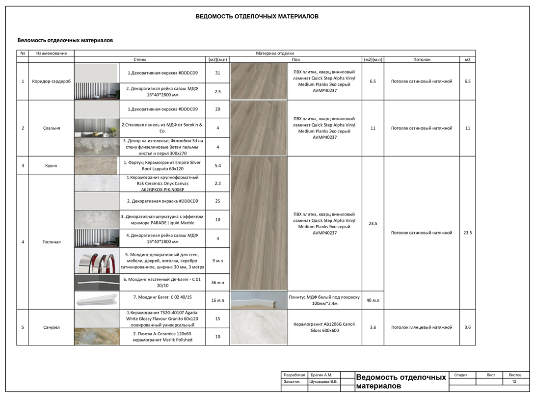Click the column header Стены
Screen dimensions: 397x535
click(140, 59)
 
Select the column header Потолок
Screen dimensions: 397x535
click(422, 59)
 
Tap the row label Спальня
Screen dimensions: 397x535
click(52, 128)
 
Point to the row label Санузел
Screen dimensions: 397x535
click(52, 327)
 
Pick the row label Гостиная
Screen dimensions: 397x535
click(52, 242)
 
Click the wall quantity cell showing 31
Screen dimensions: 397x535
click(217, 73)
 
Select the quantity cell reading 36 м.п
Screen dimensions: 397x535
click(217, 282)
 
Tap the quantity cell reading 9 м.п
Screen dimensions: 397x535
click(217, 261)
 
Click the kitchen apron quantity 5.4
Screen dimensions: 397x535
click(217, 165)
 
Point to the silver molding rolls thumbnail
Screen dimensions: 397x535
click(97, 261)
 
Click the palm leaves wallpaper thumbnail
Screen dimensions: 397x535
click(97, 147)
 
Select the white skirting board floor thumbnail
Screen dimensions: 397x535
click(259, 300)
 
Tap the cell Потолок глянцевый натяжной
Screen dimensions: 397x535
click(422, 327)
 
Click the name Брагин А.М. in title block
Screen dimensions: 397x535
click(321, 375)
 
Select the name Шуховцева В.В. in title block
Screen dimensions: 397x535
click(323, 381)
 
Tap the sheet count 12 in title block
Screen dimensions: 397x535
click(514, 381)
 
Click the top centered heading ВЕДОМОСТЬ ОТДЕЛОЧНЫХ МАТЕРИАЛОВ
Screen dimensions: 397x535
click(257, 16)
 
